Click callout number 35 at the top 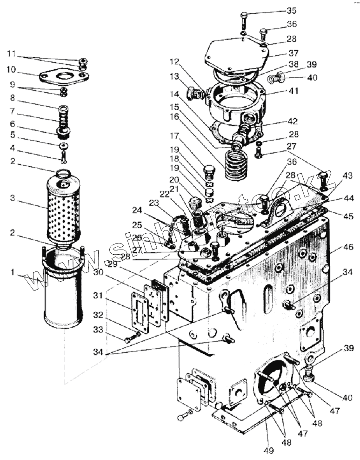tap(291, 10)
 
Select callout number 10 tap(11, 70)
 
